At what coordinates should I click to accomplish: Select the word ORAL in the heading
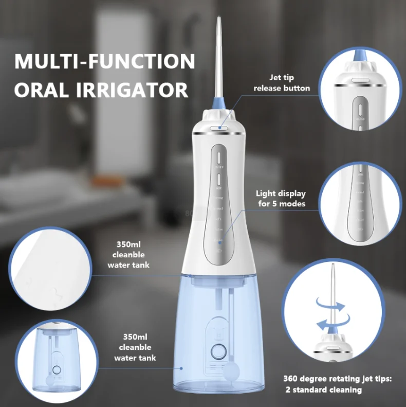(39, 90)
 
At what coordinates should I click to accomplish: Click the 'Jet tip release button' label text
(282, 83)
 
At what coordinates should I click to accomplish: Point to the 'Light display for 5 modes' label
(281, 199)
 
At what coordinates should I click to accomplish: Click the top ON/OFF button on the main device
(218, 156)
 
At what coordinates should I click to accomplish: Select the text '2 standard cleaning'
(327, 390)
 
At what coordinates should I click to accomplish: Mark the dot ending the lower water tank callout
(181, 368)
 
